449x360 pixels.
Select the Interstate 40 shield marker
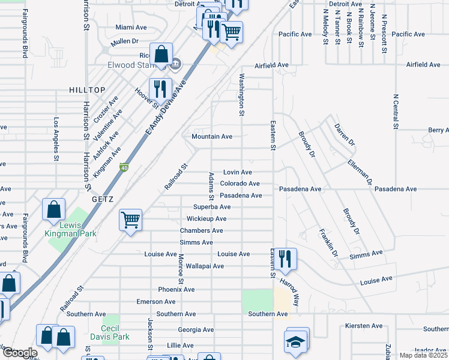pyautogui.click(x=124, y=167)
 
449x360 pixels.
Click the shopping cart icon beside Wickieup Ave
pyautogui.click(x=130, y=220)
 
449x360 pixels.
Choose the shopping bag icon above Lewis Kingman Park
pyautogui.click(x=54, y=209)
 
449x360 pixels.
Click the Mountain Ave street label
pyautogui.click(x=212, y=136)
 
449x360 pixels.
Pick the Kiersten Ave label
pyautogui.click(x=364, y=326)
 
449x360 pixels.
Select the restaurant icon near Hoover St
pyautogui.click(x=160, y=89)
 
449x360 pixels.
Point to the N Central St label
pyautogui.click(x=396, y=111)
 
